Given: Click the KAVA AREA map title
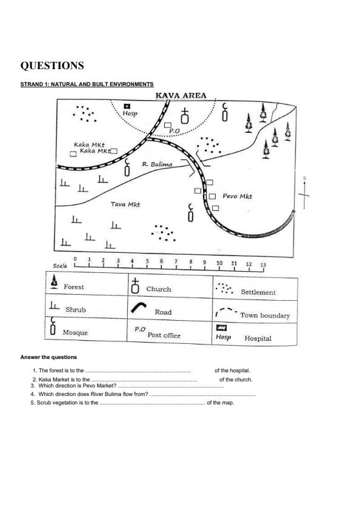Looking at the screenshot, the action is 181,95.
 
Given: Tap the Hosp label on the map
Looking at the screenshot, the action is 130,113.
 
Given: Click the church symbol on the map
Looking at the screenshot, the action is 184,116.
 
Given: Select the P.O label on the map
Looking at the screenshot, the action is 175,131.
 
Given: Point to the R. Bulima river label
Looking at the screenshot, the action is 157,164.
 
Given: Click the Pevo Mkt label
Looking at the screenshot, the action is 238,196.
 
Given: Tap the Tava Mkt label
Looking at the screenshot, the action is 125,204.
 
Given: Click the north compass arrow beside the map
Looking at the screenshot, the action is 304,194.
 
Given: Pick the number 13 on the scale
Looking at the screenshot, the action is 263,265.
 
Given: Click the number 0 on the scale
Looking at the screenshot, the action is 75,259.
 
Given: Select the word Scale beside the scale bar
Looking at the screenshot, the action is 60,266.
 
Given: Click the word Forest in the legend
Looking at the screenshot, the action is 74,287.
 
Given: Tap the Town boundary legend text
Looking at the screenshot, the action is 265,315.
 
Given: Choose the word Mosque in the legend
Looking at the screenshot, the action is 75,332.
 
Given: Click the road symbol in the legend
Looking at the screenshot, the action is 139,307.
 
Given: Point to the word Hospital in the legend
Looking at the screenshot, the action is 258,338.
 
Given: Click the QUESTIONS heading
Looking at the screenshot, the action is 52,65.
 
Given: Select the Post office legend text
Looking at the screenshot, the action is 164,335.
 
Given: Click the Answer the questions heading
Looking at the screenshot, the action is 48,357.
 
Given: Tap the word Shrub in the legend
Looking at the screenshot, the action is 75,309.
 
